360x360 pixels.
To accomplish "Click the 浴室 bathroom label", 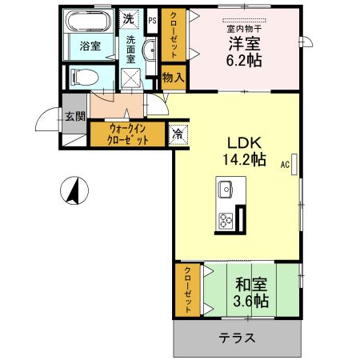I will point(89,46).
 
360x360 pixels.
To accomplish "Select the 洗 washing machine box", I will point(128,18).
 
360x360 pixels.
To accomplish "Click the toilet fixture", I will point(83,77).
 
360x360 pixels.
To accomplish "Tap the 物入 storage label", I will point(173,78).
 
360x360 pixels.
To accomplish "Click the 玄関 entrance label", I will point(74,116).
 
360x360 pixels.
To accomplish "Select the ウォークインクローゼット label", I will point(128,133).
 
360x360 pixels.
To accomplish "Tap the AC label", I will point(283,166).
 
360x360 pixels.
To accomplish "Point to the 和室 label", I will point(251,283).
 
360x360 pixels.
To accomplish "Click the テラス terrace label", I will point(238,338).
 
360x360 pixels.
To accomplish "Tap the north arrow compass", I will point(74,191).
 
